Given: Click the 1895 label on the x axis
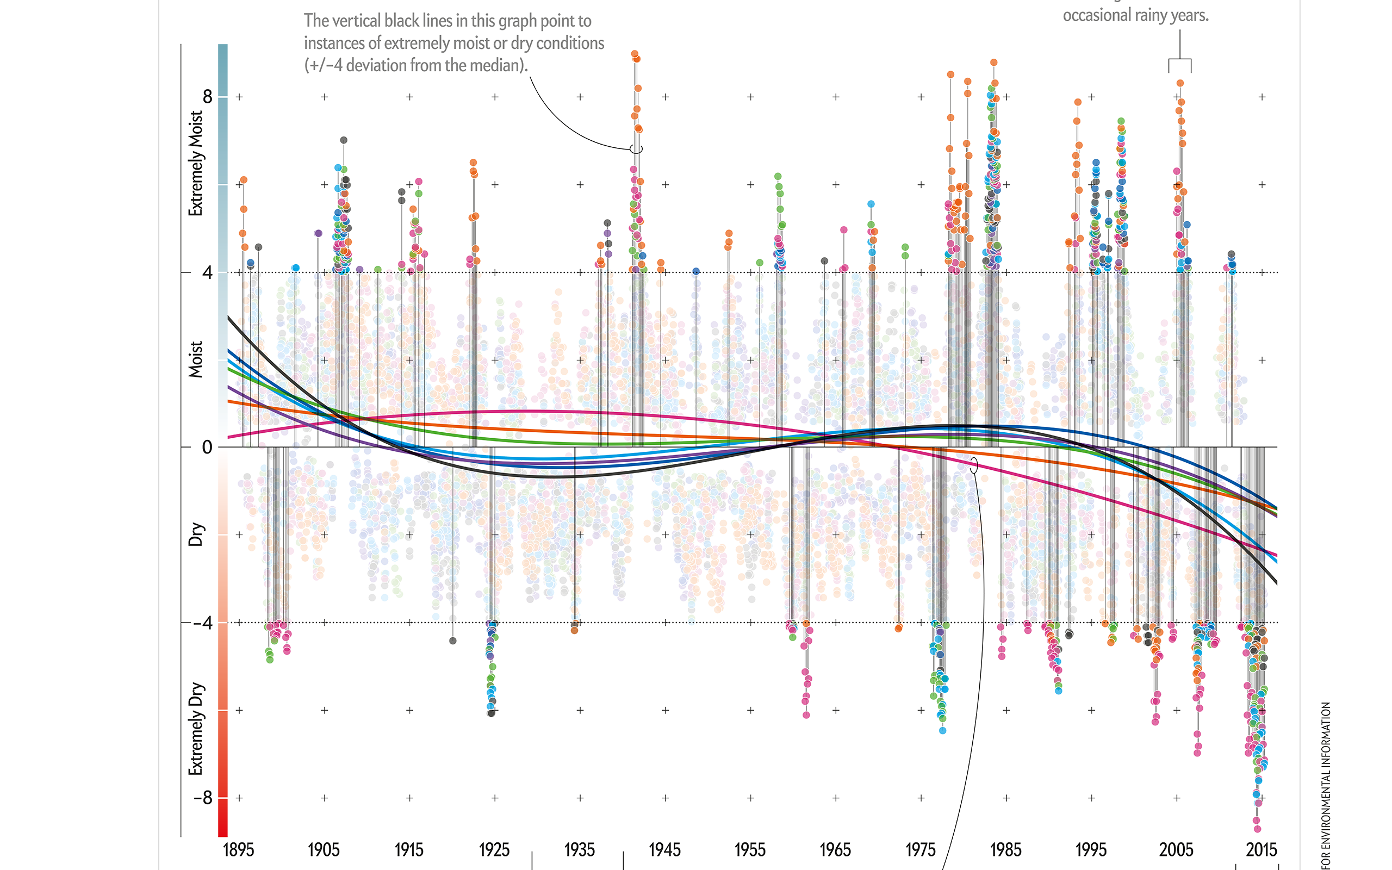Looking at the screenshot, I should [x=238, y=849].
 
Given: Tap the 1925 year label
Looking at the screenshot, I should [x=494, y=849].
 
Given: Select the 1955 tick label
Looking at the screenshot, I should [x=750, y=849].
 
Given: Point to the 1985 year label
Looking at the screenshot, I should [x=1005, y=849].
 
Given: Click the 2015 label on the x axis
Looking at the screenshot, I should [x=1261, y=849].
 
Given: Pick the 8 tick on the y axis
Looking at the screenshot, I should [x=207, y=97].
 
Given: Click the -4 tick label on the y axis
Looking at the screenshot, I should [x=202, y=623].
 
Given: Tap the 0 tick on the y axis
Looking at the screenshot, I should [x=207, y=447].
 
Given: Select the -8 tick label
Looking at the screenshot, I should [x=202, y=798].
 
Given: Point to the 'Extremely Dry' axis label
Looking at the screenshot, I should [x=196, y=729].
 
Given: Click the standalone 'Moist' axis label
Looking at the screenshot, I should [x=196, y=359].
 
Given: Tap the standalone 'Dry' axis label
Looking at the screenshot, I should [x=196, y=534].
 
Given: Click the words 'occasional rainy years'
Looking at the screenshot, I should [x=1135, y=15].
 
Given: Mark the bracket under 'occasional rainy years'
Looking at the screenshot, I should [x=1180, y=60].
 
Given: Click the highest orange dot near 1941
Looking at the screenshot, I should [x=635, y=54].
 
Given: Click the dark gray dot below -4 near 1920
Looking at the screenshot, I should [x=453, y=641].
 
